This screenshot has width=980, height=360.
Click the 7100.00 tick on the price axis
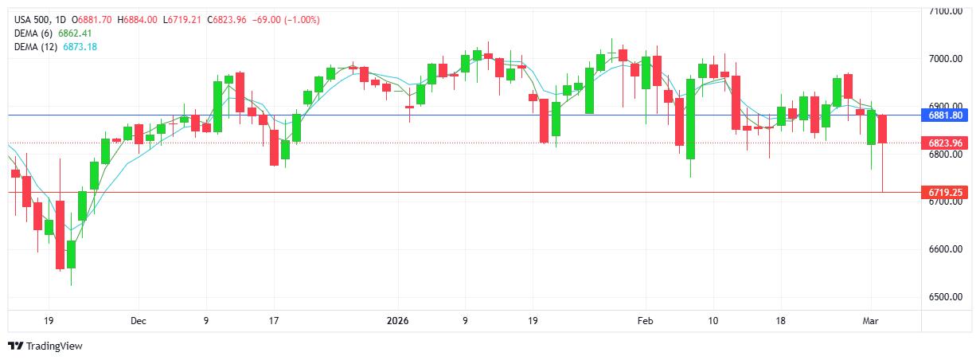tap(946, 11)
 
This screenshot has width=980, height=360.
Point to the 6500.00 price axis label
tap(946, 297)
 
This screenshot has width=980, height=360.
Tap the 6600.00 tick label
tap(946, 249)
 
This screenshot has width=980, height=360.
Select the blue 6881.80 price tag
tap(946, 115)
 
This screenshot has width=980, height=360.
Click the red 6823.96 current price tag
tap(946, 143)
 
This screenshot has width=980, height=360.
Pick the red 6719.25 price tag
tap(946, 193)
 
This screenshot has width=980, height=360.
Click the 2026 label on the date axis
tap(396, 321)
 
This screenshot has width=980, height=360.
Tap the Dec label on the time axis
tap(139, 321)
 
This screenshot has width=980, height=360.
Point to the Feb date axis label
tap(645, 321)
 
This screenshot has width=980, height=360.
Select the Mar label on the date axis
tap(871, 321)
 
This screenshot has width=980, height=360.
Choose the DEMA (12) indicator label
tap(37, 47)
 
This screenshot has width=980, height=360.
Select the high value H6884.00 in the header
tap(139, 19)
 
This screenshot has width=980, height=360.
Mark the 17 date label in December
tap(273, 321)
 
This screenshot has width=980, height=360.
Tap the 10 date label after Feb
tap(713, 321)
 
